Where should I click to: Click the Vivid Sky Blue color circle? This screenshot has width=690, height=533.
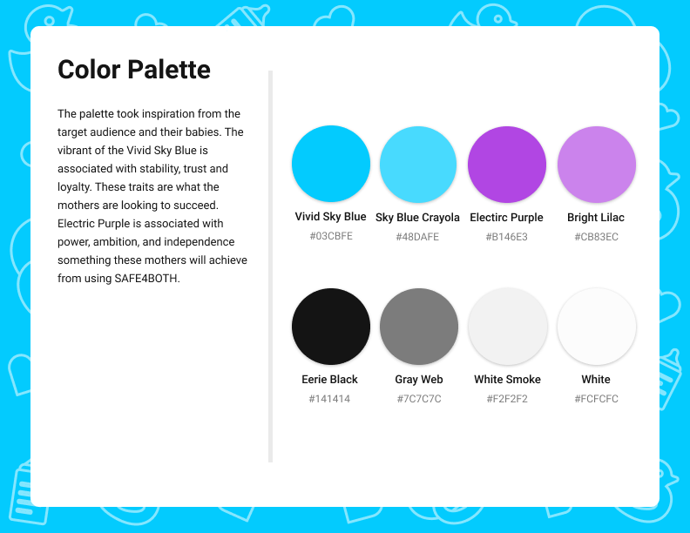(x=331, y=164)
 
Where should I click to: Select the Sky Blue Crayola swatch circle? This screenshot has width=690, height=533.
(x=418, y=165)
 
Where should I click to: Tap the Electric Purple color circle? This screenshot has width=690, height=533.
(x=507, y=165)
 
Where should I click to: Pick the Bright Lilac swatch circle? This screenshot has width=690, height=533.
(x=596, y=165)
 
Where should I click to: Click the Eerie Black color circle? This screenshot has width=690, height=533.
(x=331, y=327)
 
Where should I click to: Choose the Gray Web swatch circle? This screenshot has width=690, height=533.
(x=419, y=327)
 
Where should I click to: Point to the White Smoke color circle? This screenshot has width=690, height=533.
(x=508, y=327)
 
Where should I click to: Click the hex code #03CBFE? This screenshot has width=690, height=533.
(x=331, y=236)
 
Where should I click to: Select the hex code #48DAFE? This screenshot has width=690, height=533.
(x=417, y=237)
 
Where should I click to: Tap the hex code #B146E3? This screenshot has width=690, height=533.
(x=506, y=237)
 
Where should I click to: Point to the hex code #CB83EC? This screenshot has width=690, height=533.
(x=596, y=237)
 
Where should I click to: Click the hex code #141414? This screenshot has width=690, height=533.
(x=329, y=399)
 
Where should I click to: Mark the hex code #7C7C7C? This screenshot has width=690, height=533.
(x=419, y=399)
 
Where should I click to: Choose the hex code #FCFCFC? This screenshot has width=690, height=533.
(x=596, y=399)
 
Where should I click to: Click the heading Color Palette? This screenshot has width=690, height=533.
(x=134, y=70)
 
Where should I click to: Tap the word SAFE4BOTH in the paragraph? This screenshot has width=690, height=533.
(x=146, y=279)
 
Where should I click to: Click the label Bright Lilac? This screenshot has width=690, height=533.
(x=596, y=218)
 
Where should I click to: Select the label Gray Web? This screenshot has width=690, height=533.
(x=419, y=380)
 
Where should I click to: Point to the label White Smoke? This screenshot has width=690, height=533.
(x=507, y=380)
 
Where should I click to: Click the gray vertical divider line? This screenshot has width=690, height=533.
(x=271, y=266)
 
